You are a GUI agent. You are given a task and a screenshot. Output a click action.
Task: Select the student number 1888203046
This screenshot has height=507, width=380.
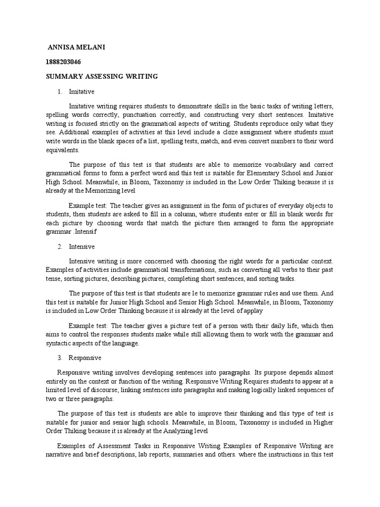click(x=63, y=62)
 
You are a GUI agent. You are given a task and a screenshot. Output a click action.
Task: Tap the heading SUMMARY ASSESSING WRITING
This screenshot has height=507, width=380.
click(x=102, y=76)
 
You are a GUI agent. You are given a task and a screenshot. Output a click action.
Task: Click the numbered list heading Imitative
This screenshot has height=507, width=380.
click(x=82, y=92)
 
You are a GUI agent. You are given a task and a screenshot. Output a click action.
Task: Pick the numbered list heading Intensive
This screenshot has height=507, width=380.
click(x=82, y=246)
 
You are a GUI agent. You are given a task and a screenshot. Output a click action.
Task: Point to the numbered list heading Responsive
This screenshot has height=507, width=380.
click(x=85, y=357)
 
